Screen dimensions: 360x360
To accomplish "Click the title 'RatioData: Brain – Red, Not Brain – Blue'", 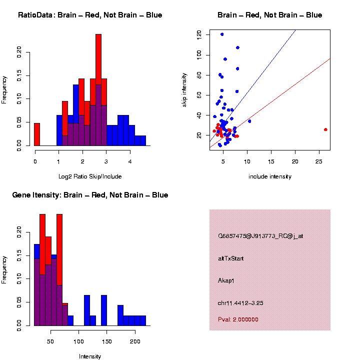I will coord(90,15).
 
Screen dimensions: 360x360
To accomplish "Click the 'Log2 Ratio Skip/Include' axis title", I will coord(90,176).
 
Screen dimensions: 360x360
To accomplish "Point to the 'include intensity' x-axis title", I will coord(269,176).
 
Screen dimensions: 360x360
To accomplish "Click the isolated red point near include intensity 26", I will coord(325,129).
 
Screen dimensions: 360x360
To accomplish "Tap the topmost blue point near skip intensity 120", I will coord(222,34).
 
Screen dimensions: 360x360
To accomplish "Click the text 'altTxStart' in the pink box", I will coord(231,258).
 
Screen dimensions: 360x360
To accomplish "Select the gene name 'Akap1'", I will coord(226,280).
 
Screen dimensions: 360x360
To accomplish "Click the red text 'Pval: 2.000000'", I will coord(238,319).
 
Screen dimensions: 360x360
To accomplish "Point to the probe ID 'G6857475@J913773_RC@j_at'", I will coord(260,236).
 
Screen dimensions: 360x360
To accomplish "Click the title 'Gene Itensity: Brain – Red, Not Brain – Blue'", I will coord(90,195).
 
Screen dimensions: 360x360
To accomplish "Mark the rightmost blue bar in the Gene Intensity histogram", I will coord(143,320).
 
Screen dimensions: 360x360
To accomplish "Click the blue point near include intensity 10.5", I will coord(249,121).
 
